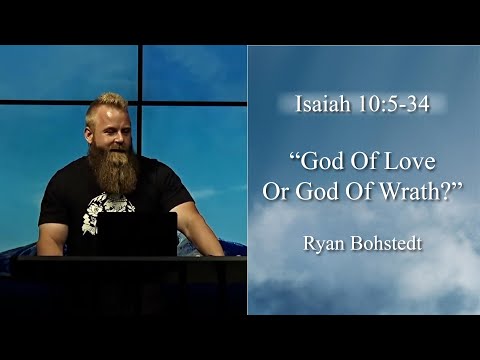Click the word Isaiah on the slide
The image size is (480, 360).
322,104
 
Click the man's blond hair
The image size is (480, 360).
108,102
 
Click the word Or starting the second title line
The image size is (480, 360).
276,189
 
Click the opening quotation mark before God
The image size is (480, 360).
295,157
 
